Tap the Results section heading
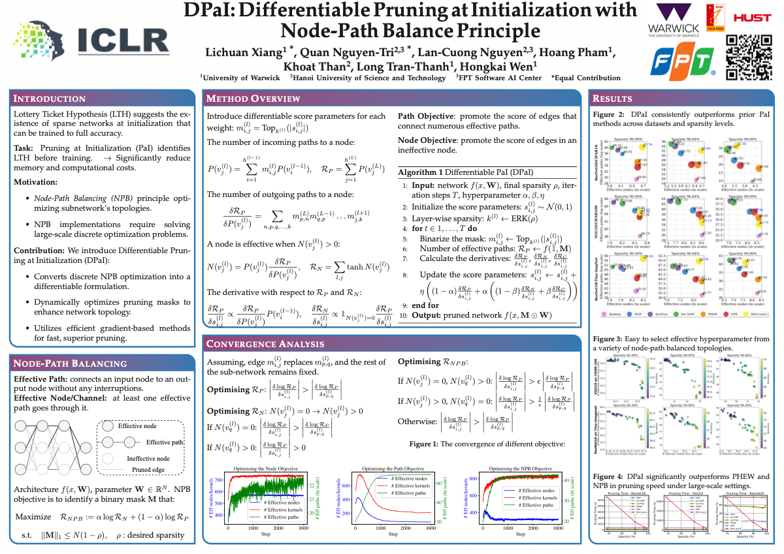(612, 99)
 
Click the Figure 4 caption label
(608, 476)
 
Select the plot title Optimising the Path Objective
(393, 469)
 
